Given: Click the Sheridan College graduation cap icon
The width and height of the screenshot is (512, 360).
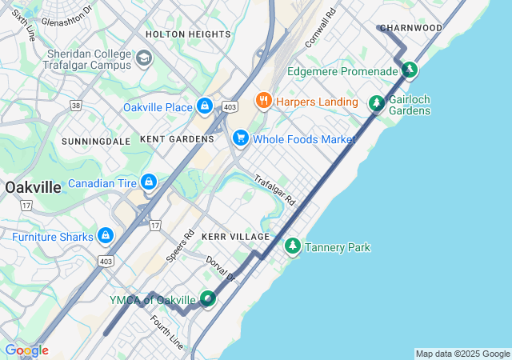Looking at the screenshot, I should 144,58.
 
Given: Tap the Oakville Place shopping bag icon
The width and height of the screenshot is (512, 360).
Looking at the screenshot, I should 206,106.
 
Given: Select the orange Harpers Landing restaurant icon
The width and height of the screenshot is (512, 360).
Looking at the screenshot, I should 262,101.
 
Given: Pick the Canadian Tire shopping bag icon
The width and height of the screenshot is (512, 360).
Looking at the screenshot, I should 148,184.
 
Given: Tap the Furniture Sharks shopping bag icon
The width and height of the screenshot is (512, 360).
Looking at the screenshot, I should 105,236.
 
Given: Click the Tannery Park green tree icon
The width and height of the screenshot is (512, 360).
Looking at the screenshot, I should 293,246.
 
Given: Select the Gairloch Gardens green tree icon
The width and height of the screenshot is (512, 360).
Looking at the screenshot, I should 376,103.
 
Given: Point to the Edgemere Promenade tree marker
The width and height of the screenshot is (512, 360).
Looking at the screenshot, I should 409,70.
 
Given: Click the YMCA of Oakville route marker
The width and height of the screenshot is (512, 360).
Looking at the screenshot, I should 208,299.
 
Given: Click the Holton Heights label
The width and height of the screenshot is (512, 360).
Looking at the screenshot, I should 188,34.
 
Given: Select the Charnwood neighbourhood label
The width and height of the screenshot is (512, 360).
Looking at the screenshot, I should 411,28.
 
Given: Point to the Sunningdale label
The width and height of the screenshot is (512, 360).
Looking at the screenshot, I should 96,141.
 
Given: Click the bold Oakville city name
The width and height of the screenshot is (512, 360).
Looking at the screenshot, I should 33,187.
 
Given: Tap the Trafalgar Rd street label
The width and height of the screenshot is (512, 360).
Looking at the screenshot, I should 275,190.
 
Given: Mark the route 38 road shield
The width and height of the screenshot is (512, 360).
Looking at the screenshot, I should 76,105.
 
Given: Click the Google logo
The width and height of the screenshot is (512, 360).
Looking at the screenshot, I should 26,350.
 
